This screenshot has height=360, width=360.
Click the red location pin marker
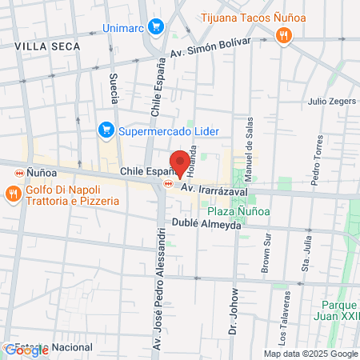click(x=181, y=162)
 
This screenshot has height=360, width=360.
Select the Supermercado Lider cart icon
click(x=106, y=129)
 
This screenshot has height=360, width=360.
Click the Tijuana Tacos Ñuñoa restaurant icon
click(x=282, y=34)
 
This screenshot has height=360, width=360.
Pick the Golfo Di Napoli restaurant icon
click(x=13, y=194)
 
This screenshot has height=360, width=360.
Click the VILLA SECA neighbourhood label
click(x=47, y=47)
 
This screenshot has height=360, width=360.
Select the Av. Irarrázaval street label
click(x=214, y=192)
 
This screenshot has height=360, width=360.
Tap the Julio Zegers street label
click(x=329, y=102)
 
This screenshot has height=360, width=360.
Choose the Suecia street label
click(x=114, y=89)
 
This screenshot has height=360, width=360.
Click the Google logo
click(x=26, y=350)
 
